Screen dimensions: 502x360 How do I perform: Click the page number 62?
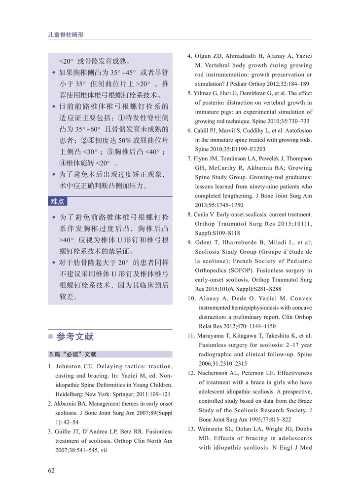click(51, 470)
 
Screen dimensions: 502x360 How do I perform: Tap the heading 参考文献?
click(74, 337)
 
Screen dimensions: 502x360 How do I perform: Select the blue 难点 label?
click(57, 201)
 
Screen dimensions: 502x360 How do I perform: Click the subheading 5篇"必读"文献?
click(72, 354)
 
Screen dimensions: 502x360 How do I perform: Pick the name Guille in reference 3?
click(64, 431)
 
